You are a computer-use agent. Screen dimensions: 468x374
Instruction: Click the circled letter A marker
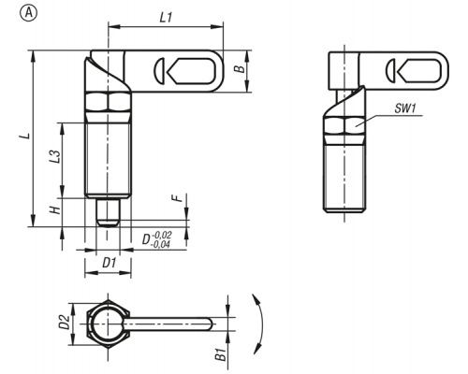[28, 14]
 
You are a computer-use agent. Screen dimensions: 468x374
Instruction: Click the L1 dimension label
[166, 18]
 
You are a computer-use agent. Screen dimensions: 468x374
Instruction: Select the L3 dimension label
[54, 156]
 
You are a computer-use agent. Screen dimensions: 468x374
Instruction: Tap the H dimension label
[55, 210]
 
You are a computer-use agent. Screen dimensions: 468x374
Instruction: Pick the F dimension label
[178, 198]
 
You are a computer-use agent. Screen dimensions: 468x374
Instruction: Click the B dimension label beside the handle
[240, 69]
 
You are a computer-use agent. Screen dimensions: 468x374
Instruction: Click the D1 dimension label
[110, 264]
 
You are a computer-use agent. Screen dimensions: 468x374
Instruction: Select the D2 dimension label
[65, 322]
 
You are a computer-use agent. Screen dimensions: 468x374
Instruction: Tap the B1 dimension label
[221, 355]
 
